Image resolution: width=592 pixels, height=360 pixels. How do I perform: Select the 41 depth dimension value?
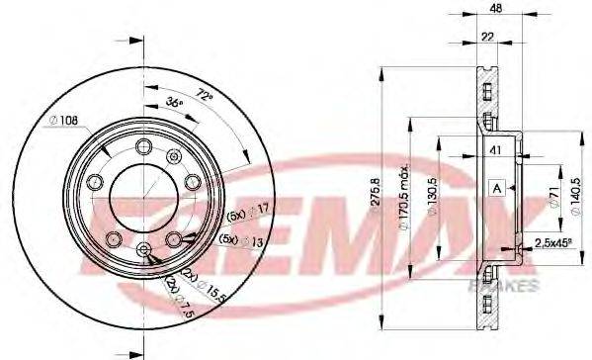click(497, 150)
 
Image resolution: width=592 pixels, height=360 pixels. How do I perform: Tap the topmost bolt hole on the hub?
click(144, 148)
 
